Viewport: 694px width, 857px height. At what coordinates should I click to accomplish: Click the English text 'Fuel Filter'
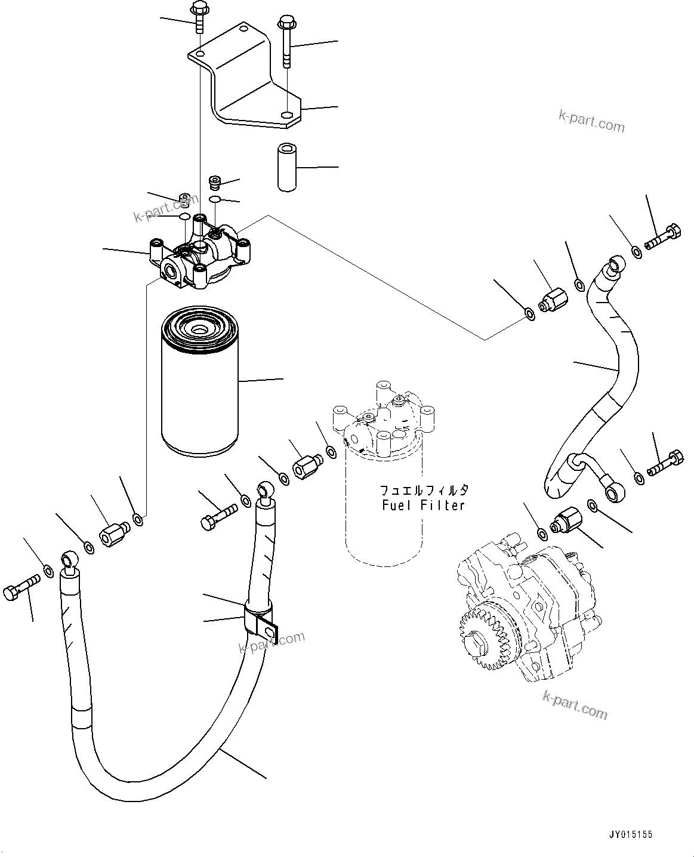click(423, 505)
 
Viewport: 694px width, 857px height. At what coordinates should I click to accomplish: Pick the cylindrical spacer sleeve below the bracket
click(287, 167)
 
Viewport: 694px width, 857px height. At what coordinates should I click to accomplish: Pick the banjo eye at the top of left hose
click(69, 562)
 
